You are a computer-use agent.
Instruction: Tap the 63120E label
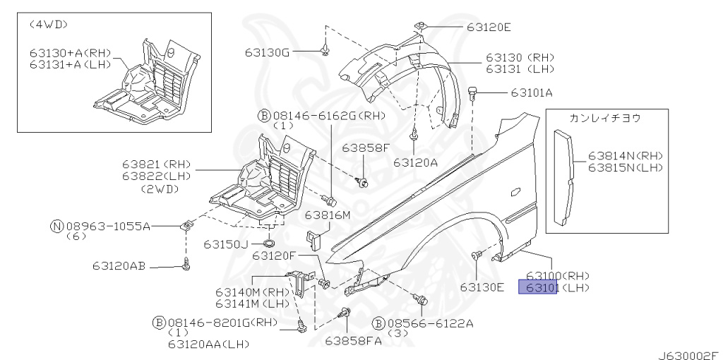[x=488, y=28]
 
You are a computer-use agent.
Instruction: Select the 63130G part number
[x=268, y=52]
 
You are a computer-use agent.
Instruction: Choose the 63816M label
[x=327, y=215]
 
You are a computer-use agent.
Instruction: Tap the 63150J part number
[x=226, y=244]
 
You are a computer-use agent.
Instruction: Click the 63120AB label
[x=118, y=266]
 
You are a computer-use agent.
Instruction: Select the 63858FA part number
[x=352, y=341]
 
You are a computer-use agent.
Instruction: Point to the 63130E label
[x=482, y=287]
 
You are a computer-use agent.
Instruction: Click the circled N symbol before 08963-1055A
[x=56, y=226]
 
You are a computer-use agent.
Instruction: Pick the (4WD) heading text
[x=48, y=24]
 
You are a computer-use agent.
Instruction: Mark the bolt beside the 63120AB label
[x=186, y=265]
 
